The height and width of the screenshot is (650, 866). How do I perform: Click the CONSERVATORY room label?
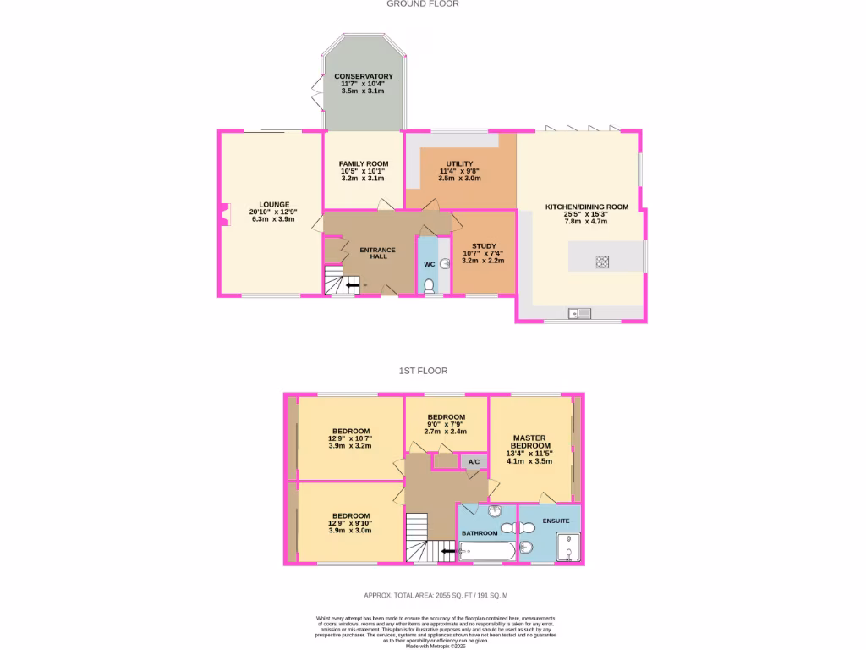point(363,76)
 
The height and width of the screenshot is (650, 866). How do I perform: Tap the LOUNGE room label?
point(275,204)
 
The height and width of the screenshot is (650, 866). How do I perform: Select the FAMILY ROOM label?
point(364,163)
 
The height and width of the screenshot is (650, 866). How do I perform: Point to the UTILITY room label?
point(460,163)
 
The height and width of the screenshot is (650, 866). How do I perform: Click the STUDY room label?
point(484,246)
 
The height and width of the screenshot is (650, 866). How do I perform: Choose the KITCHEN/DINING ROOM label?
point(587,207)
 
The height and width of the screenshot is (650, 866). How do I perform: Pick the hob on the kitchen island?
point(603,262)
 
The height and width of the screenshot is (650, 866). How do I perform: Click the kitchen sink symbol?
point(579,314)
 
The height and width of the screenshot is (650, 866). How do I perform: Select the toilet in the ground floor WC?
point(430,286)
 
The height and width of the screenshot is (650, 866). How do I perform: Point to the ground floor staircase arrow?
point(350,285)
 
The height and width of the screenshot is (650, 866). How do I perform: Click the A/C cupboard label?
point(474,461)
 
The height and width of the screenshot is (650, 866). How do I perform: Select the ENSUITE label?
point(556,521)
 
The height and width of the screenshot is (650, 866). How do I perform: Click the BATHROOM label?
point(480,533)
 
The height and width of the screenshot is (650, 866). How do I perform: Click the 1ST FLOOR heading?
point(424,371)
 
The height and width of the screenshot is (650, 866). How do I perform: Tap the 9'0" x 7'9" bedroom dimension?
point(446,425)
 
